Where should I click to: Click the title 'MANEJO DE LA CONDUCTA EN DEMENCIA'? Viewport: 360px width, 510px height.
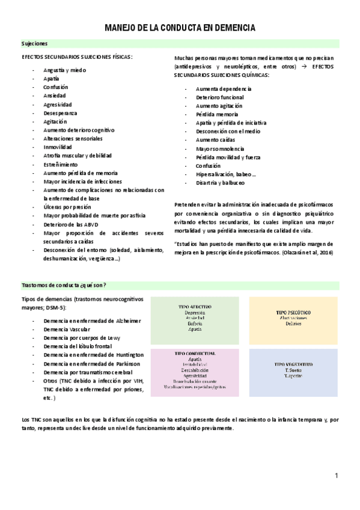click(x=180, y=28)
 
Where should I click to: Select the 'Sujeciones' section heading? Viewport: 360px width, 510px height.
click(x=35, y=44)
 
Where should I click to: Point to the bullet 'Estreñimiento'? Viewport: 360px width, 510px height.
click(x=60, y=164)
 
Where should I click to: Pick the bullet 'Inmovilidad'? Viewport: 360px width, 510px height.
click(x=58, y=147)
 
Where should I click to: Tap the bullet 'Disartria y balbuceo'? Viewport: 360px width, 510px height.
click(x=220, y=183)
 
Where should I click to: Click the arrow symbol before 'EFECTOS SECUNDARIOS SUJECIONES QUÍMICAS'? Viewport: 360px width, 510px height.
click(x=304, y=67)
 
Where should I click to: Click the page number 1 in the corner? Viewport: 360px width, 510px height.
click(x=337, y=476)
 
